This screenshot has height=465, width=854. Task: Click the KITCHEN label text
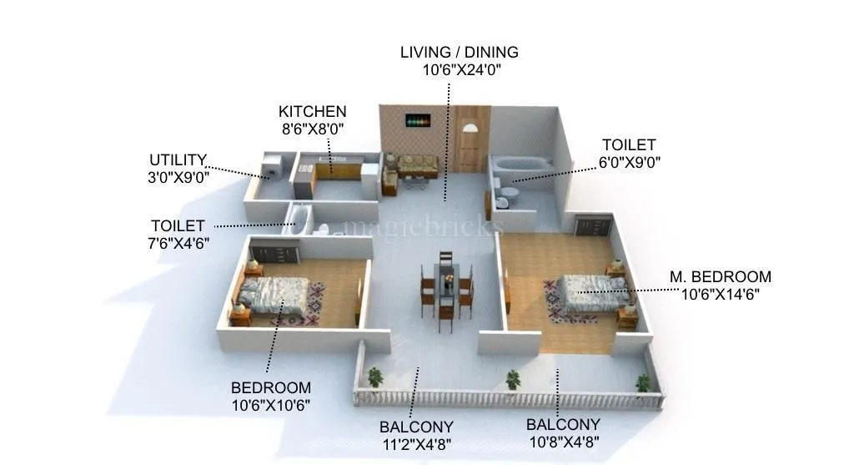point(312,111)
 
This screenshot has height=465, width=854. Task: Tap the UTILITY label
point(177,159)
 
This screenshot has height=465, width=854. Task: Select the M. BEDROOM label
point(721,276)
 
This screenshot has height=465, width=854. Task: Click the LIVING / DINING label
point(459,52)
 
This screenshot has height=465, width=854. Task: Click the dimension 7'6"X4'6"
point(178,243)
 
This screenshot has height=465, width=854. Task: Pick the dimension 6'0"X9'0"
point(629,163)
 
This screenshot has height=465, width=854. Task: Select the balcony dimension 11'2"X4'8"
point(417,442)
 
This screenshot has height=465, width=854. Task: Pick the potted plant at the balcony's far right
point(642,383)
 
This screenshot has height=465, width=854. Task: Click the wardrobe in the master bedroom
point(593,225)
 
